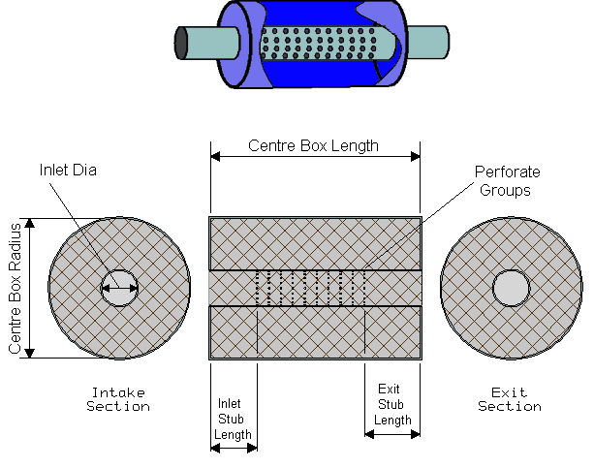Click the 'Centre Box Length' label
(x=313, y=146)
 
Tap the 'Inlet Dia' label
(x=68, y=171)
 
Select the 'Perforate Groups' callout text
(x=507, y=181)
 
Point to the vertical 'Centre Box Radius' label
(x=15, y=289)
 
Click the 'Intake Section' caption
(x=118, y=399)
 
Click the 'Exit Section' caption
(x=510, y=399)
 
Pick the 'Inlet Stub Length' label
(x=233, y=419)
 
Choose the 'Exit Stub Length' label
(x=392, y=404)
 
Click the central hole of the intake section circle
(x=119, y=288)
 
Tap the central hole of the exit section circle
(x=511, y=288)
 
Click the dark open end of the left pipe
(x=180, y=43)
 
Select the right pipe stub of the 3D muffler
(x=428, y=42)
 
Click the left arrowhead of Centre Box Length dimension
(x=215, y=156)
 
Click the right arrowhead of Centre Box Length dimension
(x=416, y=156)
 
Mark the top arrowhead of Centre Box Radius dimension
(x=29, y=223)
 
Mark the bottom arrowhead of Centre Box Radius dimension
(x=29, y=353)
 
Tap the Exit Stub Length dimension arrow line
(x=392, y=434)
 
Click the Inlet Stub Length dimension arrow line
(x=234, y=449)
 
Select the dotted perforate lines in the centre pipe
(x=311, y=288)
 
